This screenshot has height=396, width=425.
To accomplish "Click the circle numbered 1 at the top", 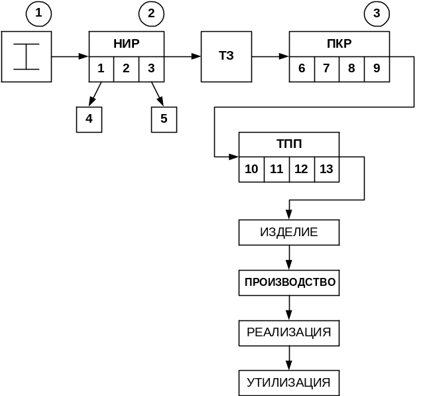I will coord(38,13).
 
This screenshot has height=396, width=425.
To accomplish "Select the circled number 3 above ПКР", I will coord(377,13).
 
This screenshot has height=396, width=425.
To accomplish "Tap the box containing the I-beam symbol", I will coord(27,56).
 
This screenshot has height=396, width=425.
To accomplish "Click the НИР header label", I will coord(127,44).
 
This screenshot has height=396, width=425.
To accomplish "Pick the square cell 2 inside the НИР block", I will coord(126,68).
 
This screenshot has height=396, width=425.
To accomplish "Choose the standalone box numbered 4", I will coord(89,119).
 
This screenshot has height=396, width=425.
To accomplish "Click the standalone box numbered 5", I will coord(164,119).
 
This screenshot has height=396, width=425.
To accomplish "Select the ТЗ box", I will coord(226,56).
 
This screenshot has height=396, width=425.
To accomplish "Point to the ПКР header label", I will coord(339,44).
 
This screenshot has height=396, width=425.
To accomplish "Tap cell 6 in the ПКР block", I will coord(302,68).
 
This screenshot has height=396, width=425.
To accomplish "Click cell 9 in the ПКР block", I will coord(377,68).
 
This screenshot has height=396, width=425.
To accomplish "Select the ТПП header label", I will coord(289,145).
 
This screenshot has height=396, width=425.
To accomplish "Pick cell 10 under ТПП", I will coord(251,169).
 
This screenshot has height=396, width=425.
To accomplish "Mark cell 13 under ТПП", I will coord(326,169).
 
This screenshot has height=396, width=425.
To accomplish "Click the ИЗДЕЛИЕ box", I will coord(289,233).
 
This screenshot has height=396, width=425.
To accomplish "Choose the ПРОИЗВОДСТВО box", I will coord(289,283).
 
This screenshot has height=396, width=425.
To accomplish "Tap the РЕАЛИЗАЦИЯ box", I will coord(289,333).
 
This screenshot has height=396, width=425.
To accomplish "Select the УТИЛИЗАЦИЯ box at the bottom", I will coord(289,383).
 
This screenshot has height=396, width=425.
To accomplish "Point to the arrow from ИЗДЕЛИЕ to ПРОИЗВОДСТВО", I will coord(289,258).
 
